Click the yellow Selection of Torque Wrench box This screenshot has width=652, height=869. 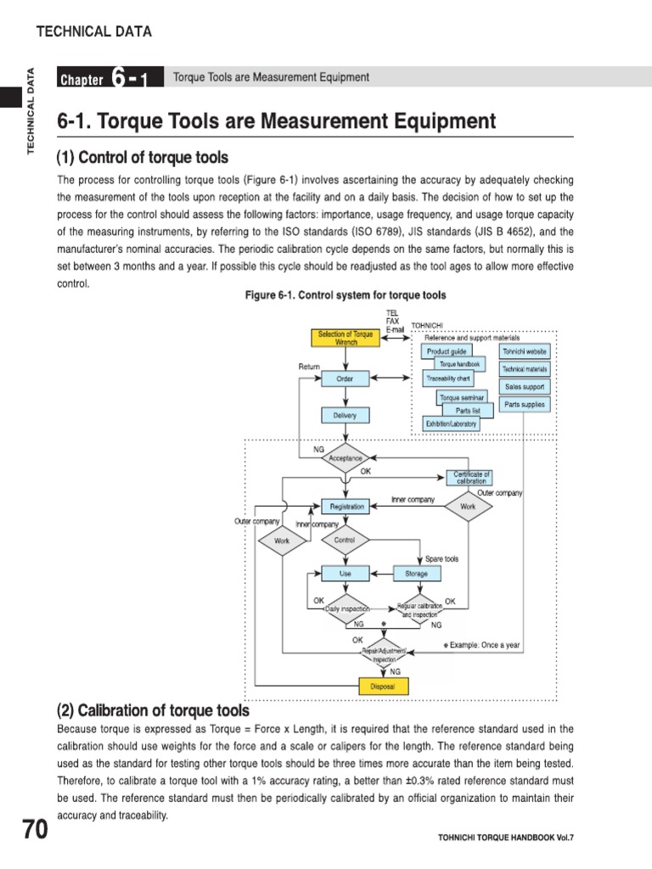(x=345, y=338)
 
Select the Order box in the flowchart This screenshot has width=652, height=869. (x=345, y=378)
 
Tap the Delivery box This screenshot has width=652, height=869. (x=345, y=415)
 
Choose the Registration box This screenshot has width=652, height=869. (x=346, y=507)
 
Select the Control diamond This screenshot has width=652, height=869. (x=345, y=540)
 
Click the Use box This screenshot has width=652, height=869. (x=345, y=574)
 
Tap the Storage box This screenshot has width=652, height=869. (x=416, y=574)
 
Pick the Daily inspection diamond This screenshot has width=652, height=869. (x=346, y=608)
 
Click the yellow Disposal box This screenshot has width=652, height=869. (x=382, y=686)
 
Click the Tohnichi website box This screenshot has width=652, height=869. (x=525, y=350)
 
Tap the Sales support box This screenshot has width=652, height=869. (x=525, y=387)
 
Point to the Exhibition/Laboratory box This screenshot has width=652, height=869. (x=451, y=423)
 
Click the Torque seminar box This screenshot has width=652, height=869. (x=460, y=397)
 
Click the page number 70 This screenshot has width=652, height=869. (x=35, y=831)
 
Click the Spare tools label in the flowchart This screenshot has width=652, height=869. (x=441, y=559)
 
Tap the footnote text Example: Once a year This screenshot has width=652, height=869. (x=482, y=646)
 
